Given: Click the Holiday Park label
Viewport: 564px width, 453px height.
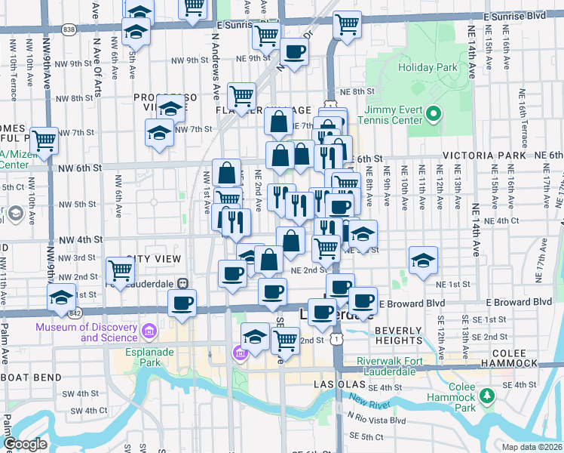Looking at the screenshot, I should pyautogui.click(x=428, y=67).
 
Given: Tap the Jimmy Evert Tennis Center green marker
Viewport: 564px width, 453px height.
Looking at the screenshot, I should pyautogui.click(x=433, y=116).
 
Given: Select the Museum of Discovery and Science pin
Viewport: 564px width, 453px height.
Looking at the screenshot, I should pyautogui.click(x=149, y=331).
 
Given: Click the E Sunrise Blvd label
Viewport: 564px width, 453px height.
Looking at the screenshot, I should pyautogui.click(x=514, y=15).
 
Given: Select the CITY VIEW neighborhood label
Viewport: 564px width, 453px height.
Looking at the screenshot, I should pyautogui.click(x=154, y=259).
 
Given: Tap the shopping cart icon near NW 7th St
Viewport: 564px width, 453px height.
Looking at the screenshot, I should pyautogui.click(x=44, y=139).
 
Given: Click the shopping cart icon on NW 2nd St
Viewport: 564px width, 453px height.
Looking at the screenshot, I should pyautogui.click(x=121, y=269).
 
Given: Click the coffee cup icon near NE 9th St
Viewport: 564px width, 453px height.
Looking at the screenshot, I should pyautogui.click(x=293, y=52).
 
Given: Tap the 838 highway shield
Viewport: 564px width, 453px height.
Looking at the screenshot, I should pyautogui.click(x=69, y=29).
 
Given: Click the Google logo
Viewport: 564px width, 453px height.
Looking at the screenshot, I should pyautogui.click(x=24, y=444).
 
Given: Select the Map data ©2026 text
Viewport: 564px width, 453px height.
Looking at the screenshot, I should pyautogui.click(x=532, y=447).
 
